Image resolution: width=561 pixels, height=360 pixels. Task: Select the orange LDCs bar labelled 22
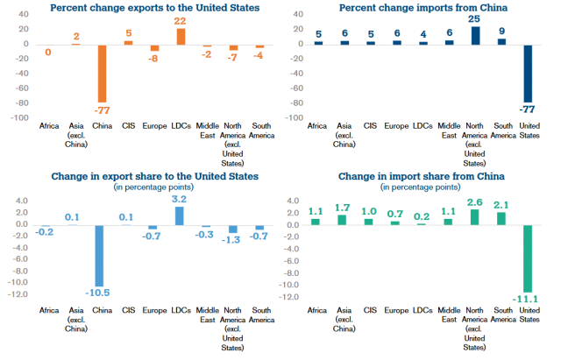(x=181, y=36)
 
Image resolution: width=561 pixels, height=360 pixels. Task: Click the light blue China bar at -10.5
(x=102, y=255)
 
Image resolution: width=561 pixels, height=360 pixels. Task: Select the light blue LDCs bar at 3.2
(x=180, y=215)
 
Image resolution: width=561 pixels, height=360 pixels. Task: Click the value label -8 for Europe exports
(x=154, y=59)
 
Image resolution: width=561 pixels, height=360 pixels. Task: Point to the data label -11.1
(x=527, y=300)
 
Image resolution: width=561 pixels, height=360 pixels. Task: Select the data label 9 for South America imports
(x=501, y=31)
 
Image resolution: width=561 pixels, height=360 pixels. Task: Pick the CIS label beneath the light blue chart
(x=128, y=310)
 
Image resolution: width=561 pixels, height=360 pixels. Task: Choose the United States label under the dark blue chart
(x=528, y=130)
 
